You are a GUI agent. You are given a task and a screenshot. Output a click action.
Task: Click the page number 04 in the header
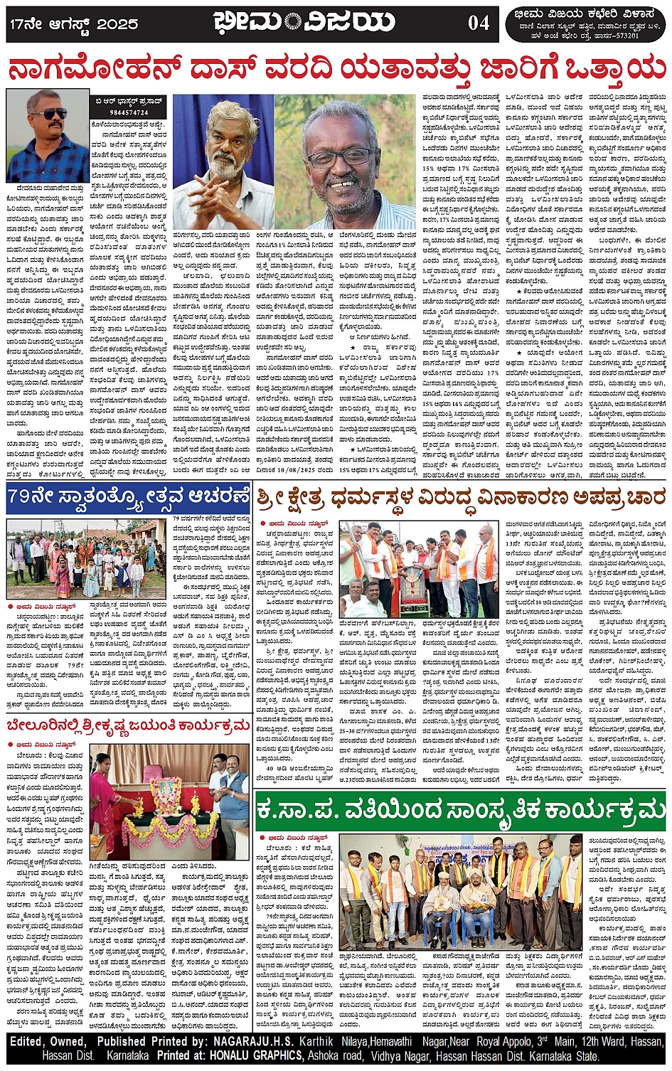tap(479, 23)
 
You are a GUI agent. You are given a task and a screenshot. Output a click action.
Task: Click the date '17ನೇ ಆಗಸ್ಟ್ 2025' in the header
tap(74, 23)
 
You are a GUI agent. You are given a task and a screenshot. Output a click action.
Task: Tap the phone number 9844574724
tap(130, 112)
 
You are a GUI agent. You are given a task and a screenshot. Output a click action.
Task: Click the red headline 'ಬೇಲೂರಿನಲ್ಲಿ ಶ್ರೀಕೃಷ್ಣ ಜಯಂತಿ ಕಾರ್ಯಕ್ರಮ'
tap(128, 725)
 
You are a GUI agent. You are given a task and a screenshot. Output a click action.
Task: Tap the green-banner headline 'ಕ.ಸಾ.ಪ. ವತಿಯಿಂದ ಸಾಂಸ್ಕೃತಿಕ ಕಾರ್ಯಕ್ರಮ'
tap(461, 811)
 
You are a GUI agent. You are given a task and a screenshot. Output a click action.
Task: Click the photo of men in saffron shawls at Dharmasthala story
tap(420, 569)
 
